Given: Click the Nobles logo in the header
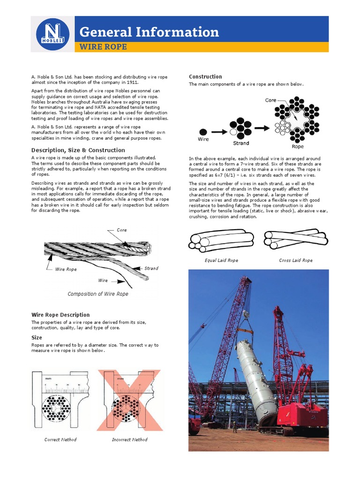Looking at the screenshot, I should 52,34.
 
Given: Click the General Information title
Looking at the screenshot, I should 149,32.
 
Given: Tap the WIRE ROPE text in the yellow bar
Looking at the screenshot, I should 103,47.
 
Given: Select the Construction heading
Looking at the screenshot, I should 205,76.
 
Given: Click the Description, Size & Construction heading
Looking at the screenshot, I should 78,150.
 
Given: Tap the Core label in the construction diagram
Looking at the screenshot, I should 270,100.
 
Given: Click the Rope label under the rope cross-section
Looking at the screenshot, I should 298,147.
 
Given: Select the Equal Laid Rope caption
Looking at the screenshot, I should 221,260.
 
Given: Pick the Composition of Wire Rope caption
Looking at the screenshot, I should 98,294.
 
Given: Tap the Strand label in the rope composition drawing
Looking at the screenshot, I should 151,269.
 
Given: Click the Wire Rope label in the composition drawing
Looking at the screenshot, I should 66,270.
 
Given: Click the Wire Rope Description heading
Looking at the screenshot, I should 60,315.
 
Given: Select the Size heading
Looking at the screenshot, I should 37,337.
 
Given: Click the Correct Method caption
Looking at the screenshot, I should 60,440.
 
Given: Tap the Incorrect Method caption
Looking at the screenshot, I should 129,440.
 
